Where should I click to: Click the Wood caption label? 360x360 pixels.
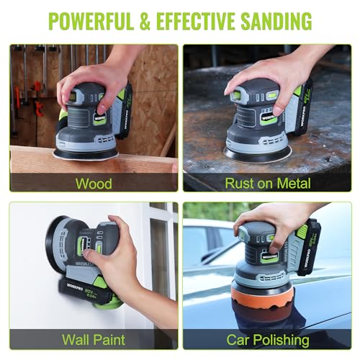94,183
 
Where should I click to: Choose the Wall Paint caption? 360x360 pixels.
94,339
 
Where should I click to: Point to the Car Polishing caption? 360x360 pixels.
268,339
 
